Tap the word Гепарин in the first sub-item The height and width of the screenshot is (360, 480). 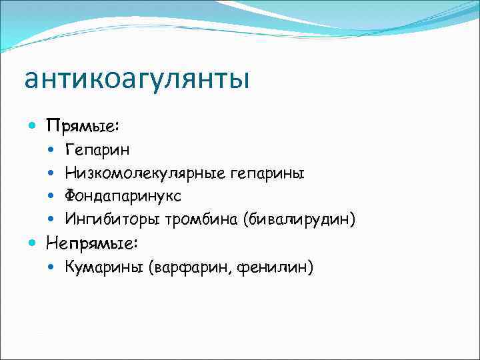(98, 151)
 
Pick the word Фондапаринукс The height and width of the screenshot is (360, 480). (123, 196)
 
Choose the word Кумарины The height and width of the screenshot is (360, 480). (105, 267)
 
